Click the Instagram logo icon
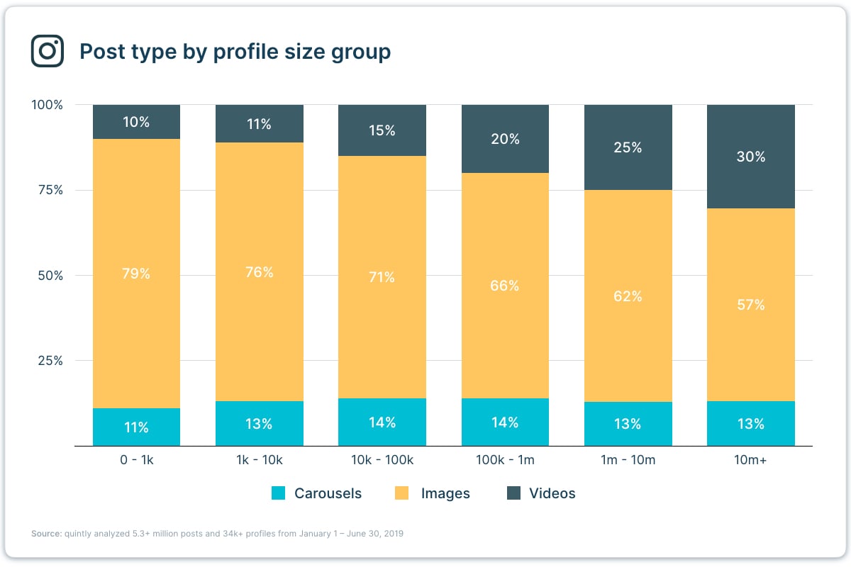[x=48, y=51]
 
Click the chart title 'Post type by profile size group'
[x=235, y=52]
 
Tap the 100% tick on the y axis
[x=48, y=105]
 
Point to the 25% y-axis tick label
[x=50, y=360]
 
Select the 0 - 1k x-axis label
[x=136, y=460]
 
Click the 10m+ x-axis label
[x=750, y=460]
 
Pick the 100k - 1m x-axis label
[x=505, y=460]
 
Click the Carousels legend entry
[x=316, y=493]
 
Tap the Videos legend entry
[x=541, y=493]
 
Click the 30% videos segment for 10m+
[x=750, y=157]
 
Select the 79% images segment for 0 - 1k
[x=136, y=274]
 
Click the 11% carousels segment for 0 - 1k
[x=136, y=427]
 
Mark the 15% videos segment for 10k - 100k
[x=382, y=130]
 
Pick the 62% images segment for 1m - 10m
[x=628, y=296]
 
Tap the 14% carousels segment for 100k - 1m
[x=505, y=422]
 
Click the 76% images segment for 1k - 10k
[x=259, y=272]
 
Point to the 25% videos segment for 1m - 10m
[x=628, y=147]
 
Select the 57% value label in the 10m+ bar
[x=750, y=305]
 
